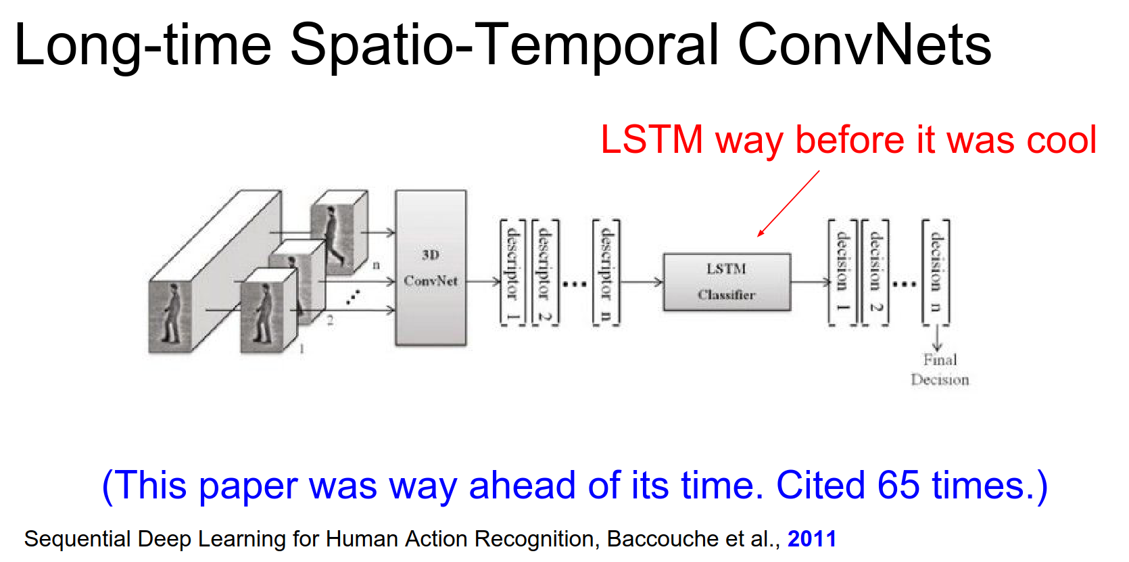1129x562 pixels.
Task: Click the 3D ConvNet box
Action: click(431, 268)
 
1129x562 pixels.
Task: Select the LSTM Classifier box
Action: click(727, 282)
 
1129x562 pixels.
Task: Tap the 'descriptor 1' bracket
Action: click(512, 273)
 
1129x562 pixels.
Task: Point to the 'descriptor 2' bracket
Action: click(546, 273)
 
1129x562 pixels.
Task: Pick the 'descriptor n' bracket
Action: click(606, 273)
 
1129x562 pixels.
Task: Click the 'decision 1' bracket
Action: click(843, 273)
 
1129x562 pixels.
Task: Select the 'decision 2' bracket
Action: click(875, 273)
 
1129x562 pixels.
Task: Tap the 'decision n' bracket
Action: click(936, 273)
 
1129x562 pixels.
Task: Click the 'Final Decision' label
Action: click(940, 369)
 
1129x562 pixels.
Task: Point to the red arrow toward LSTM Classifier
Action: click(788, 204)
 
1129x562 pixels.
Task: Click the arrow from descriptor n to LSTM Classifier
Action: click(642, 282)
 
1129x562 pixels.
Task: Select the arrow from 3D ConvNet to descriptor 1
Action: click(483, 282)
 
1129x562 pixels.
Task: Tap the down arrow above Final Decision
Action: click(937, 338)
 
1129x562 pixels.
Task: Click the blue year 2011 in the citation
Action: click(812, 539)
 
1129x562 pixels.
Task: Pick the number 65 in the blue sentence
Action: click(898, 486)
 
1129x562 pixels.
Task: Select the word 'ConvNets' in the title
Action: click(865, 45)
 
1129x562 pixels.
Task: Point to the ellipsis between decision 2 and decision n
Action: click(905, 284)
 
